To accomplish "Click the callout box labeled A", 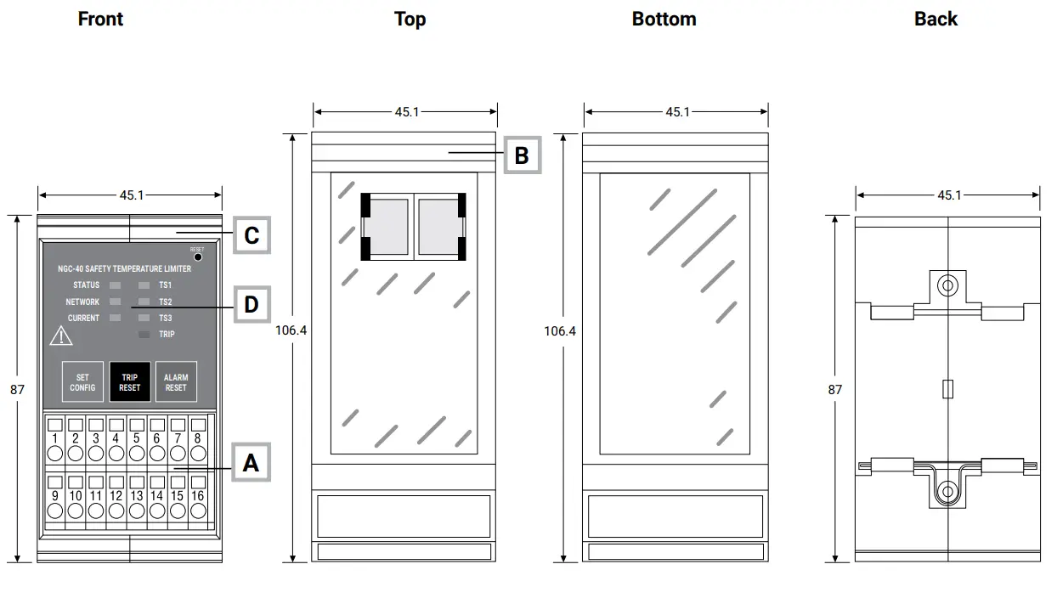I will point(251,463).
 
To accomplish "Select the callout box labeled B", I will point(522,155).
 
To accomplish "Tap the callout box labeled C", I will point(251,234).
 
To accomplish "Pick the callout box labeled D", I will point(251,303).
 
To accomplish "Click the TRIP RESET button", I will point(130,382).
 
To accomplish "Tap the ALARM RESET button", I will point(176,382).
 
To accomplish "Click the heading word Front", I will point(100,19).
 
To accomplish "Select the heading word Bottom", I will point(664,19).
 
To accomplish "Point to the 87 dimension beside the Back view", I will point(835,389).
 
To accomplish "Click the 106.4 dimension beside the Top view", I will point(291,330).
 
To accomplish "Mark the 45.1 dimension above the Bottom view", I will point(677,111).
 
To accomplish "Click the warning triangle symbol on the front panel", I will point(61,336).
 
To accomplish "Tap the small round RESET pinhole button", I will point(197,257).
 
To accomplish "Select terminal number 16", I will point(197,495).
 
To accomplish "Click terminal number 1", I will point(55,438).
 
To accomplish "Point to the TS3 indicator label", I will point(166,318).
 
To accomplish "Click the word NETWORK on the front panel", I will point(82,302).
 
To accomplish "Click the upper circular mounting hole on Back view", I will point(947,286).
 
